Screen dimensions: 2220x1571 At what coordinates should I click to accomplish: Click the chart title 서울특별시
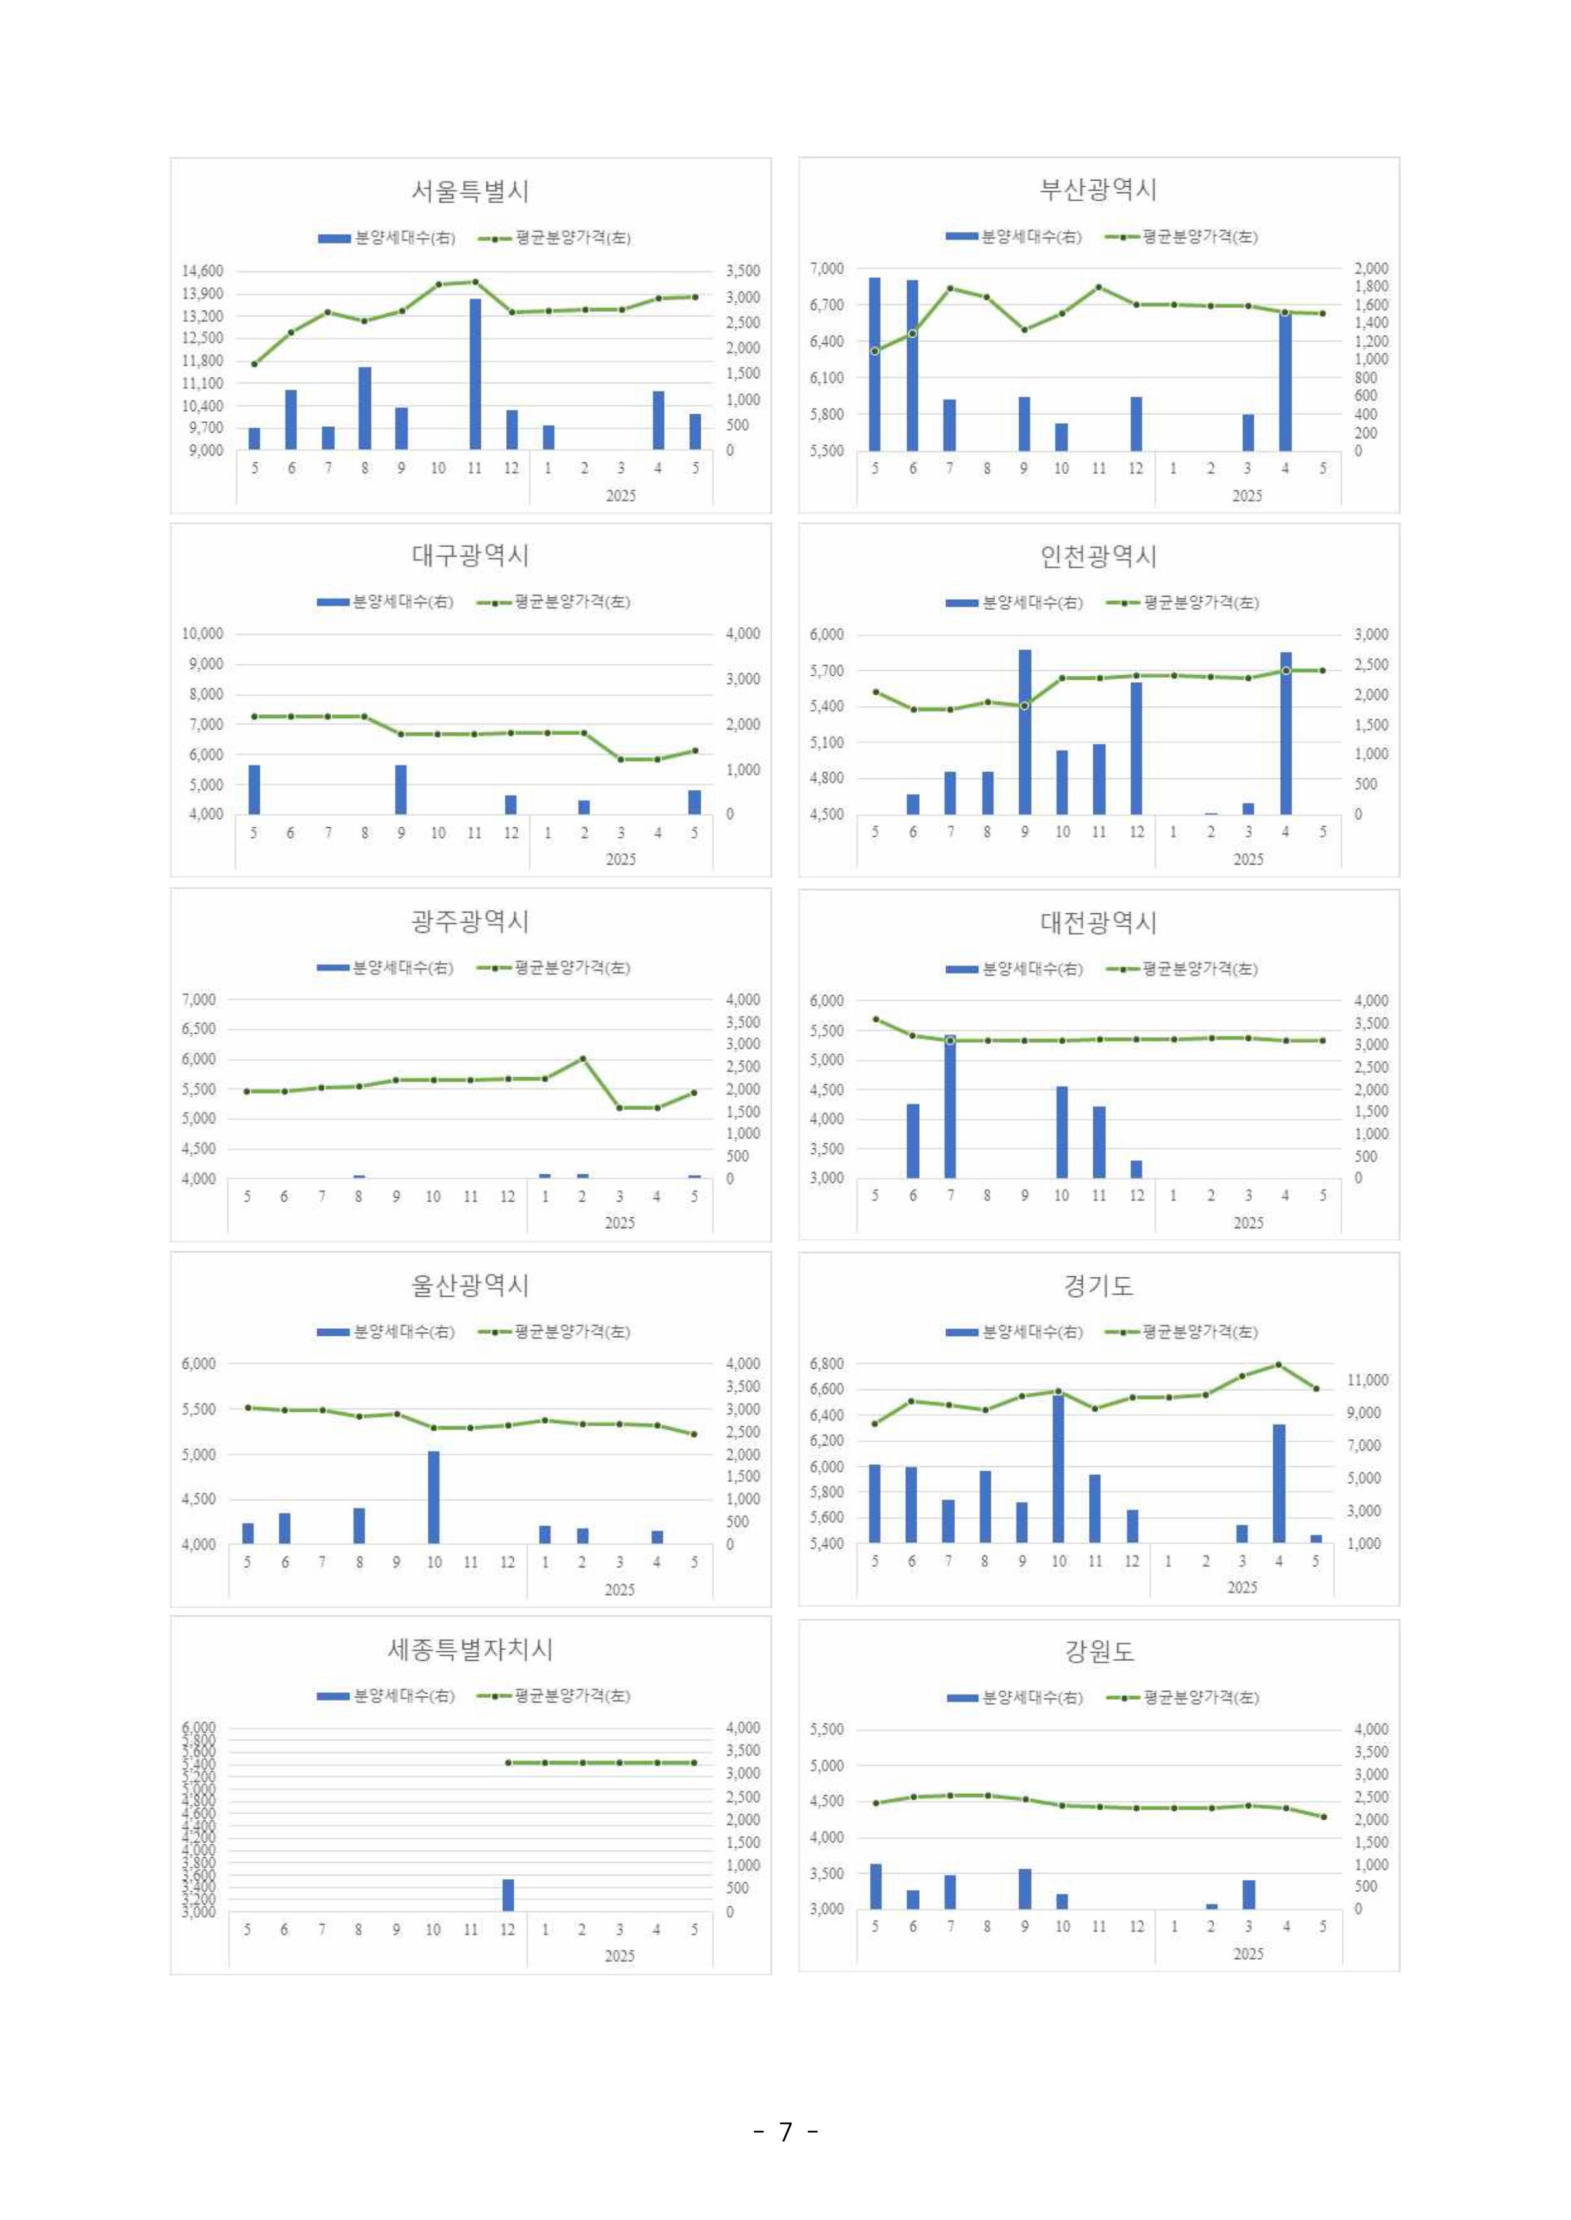tap(470, 191)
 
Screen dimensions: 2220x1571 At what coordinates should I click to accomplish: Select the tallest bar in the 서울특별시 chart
tap(475, 374)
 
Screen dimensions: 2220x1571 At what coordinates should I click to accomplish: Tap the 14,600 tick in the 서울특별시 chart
tap(202, 271)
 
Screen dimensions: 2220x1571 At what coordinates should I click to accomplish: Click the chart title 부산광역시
tap(1098, 189)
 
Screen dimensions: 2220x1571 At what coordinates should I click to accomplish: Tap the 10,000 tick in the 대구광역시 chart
tap(202, 633)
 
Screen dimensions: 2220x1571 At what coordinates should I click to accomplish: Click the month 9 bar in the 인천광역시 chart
tap(1024, 732)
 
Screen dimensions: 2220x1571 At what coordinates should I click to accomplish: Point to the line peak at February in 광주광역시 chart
tap(582, 1058)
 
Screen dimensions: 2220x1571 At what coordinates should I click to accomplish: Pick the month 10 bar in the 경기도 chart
tap(1059, 1468)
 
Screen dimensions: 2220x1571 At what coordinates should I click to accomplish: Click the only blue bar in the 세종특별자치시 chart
tap(508, 1895)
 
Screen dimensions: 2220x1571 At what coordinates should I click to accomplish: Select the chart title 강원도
tap(1098, 1651)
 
